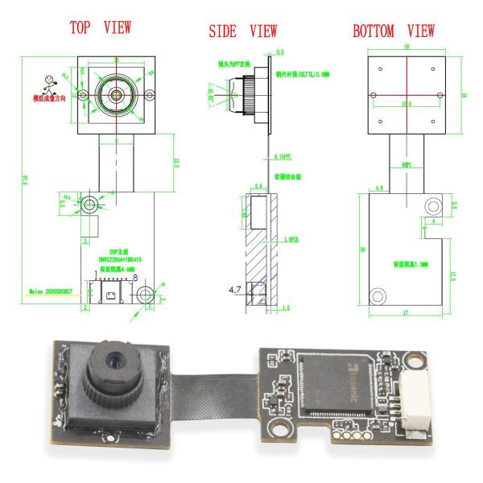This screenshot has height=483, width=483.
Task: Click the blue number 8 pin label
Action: pyautogui.click(x=135, y=277)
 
